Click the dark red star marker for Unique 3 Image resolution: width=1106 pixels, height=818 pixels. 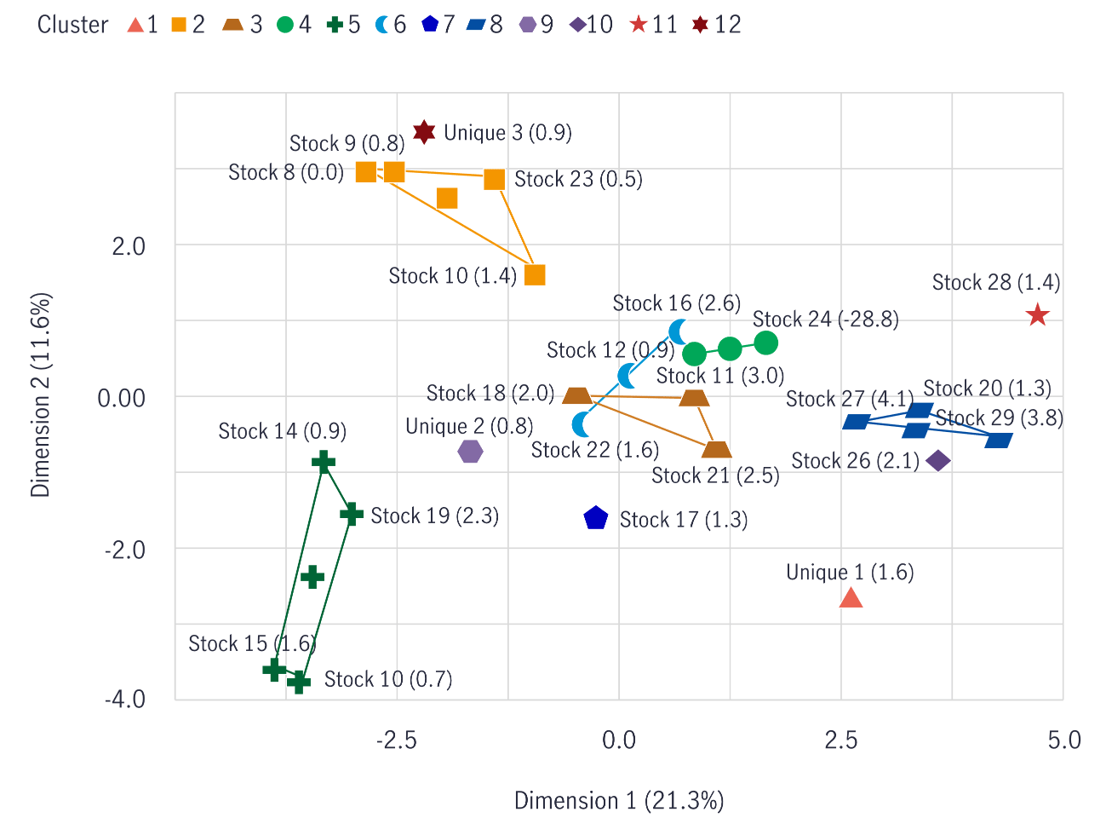(x=424, y=132)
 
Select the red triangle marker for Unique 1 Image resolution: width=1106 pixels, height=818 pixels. (x=851, y=598)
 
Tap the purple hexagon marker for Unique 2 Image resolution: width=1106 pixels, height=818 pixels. (x=470, y=452)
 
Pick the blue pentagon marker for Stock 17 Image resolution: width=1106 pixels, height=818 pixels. (x=596, y=518)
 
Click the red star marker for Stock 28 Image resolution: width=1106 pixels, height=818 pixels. (x=1037, y=316)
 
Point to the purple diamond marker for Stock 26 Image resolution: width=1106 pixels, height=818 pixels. (x=937, y=461)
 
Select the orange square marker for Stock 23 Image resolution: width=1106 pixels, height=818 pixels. (x=495, y=179)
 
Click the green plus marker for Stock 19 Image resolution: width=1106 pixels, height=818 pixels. (x=352, y=515)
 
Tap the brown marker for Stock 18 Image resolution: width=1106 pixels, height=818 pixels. (x=577, y=395)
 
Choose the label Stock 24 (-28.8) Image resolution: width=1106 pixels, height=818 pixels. (x=825, y=320)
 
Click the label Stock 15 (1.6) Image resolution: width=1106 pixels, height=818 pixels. (x=252, y=643)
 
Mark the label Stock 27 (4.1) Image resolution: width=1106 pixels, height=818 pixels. (x=849, y=399)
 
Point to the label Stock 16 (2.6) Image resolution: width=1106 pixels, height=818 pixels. (x=676, y=303)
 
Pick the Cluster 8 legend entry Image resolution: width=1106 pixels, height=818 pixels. (x=484, y=25)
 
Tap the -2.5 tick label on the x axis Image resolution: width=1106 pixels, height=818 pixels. (x=397, y=740)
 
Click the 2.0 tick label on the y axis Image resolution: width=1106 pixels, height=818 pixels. (x=129, y=246)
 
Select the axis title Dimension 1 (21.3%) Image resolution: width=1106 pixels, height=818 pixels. (x=619, y=801)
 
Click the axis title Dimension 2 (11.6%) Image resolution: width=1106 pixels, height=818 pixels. (x=41, y=395)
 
